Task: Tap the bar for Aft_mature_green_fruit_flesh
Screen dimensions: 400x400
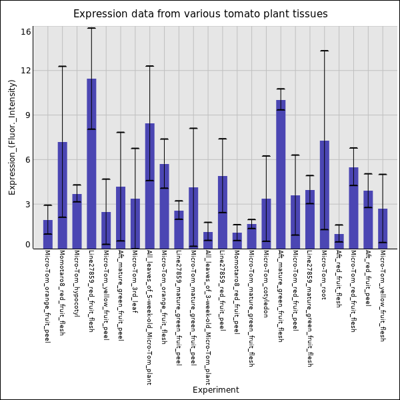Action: click(x=281, y=174)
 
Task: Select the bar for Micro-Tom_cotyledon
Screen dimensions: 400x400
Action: click(x=266, y=223)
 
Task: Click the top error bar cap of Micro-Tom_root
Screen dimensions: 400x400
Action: click(x=325, y=51)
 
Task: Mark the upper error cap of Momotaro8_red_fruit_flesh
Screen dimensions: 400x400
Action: click(x=62, y=66)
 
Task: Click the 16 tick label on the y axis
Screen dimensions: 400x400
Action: click(x=26, y=31)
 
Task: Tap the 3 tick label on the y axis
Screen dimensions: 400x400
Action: click(x=28, y=204)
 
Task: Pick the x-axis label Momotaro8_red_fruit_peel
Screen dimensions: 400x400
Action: click(x=237, y=288)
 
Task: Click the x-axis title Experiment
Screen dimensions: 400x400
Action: click(x=215, y=390)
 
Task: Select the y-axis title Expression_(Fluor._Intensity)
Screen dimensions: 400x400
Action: click(x=12, y=137)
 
